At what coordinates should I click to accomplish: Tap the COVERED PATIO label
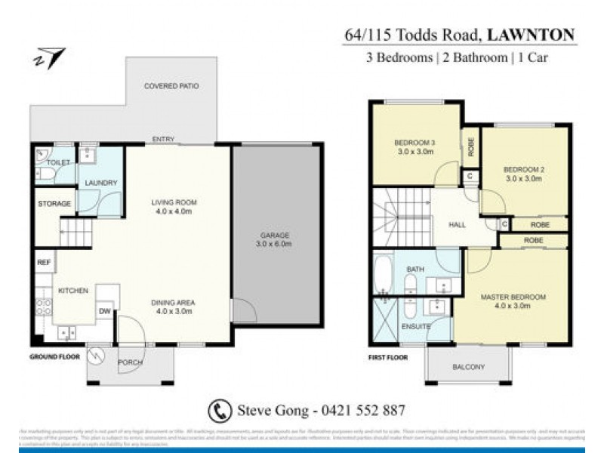tap(171, 87)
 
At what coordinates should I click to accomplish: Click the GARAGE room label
tap(273, 239)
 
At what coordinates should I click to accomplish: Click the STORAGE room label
tap(55, 204)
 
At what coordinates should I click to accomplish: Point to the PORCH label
tap(130, 363)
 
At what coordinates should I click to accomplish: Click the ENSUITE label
tap(416, 327)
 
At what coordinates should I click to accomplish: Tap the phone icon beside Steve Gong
tap(218, 410)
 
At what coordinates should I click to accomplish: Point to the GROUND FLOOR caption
tap(54, 356)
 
